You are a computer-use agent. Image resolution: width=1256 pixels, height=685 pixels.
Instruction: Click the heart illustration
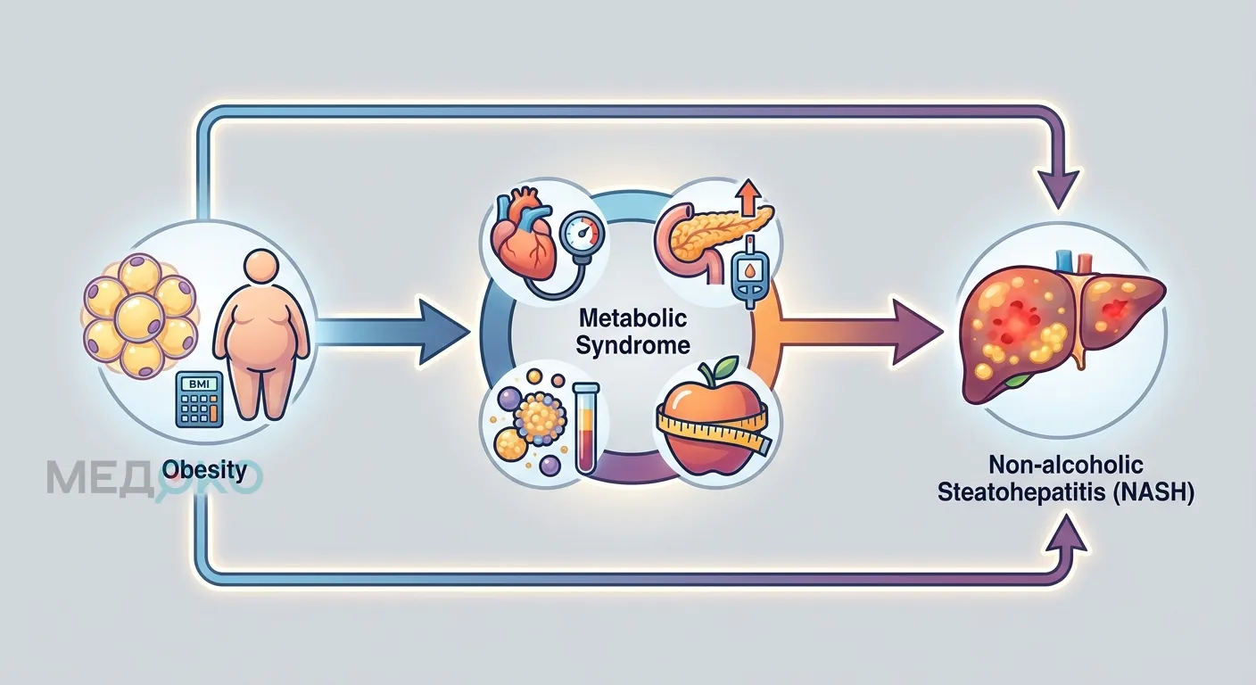(x=523, y=235)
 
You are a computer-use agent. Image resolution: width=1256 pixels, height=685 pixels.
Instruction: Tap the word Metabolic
(x=632, y=318)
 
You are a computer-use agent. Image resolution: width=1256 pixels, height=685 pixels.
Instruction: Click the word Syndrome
(x=632, y=345)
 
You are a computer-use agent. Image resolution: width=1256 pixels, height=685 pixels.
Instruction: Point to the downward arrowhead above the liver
(x=1059, y=191)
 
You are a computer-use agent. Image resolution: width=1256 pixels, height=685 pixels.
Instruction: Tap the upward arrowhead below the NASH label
(x=1068, y=536)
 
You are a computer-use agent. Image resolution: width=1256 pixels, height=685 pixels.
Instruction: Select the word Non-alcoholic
(x=1065, y=466)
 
